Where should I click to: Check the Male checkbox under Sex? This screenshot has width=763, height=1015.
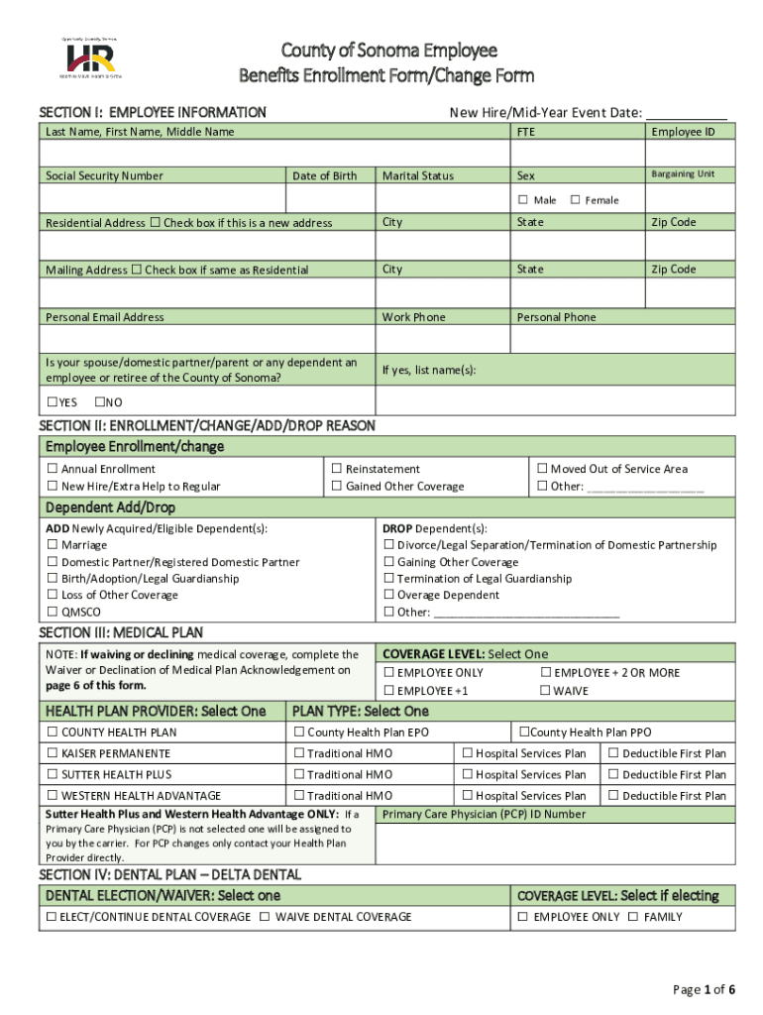coord(523,200)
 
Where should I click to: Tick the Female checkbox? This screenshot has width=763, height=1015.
coord(575,200)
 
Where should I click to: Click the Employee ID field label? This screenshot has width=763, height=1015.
coord(683,132)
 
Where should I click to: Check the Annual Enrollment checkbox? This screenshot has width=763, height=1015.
coord(53,469)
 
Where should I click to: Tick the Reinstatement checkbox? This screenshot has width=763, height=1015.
coord(337,469)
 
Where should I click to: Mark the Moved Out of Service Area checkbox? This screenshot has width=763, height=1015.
coord(542,469)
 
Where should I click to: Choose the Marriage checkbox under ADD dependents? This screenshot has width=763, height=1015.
coord(53,545)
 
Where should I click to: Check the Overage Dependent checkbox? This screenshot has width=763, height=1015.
coord(388,596)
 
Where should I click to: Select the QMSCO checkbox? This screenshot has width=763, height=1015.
coord(53,613)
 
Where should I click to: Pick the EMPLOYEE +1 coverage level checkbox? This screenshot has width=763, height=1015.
coord(388,691)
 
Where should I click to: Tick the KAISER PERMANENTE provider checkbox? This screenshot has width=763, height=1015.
coord(53,753)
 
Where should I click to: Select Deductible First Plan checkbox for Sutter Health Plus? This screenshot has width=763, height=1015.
coord(613,775)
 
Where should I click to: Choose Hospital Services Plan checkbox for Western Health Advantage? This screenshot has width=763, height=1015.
coord(467,796)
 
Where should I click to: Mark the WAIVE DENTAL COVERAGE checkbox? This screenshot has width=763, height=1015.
coord(265,917)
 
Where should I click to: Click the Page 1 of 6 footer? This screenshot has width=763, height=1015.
coord(704,989)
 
